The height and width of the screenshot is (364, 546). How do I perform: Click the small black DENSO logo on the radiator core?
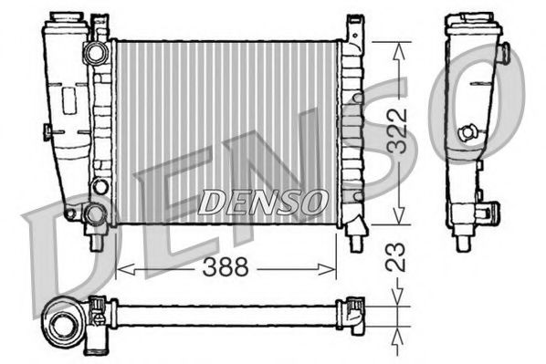261,200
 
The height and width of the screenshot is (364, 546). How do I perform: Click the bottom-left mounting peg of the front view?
96,243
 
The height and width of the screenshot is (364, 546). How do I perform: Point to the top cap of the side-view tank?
476,18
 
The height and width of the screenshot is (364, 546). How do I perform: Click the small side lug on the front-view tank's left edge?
45,134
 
